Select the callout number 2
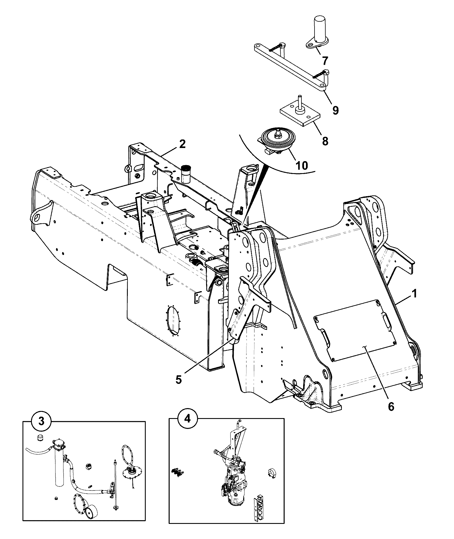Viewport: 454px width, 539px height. coord(182,144)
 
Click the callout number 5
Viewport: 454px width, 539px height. coord(178,380)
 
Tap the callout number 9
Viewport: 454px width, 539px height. coord(336,110)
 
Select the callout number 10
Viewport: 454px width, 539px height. coord(302,165)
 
